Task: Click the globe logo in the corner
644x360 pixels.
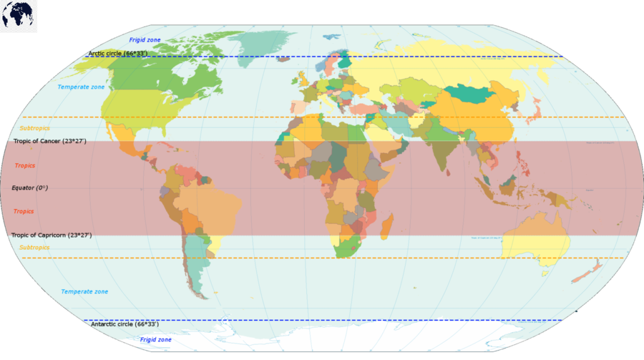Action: click(18, 16)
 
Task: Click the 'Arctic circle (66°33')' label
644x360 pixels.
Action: click(118, 53)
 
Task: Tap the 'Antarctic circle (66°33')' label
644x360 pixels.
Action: click(125, 324)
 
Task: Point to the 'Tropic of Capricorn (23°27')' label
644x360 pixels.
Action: click(52, 235)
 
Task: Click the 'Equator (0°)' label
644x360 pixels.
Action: click(30, 188)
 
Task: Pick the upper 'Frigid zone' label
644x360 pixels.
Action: click(145, 40)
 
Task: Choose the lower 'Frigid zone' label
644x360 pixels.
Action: click(155, 340)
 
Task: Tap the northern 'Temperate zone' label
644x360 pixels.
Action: click(81, 87)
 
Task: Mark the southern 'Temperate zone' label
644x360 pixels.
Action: click(84, 292)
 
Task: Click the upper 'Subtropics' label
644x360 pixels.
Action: click(35, 128)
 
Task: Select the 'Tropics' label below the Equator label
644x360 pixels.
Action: click(24, 211)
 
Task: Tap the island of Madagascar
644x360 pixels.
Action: click(387, 225)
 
